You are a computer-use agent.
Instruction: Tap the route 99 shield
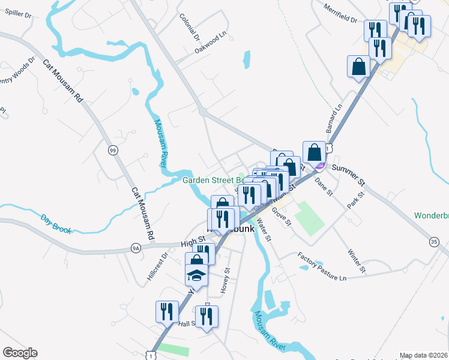112,150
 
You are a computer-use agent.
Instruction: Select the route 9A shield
136,247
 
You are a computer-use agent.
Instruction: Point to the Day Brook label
56,224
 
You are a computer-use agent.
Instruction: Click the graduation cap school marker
196,277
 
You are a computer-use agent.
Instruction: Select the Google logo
20,353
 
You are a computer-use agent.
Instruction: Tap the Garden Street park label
212,180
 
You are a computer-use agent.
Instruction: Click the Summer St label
348,174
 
